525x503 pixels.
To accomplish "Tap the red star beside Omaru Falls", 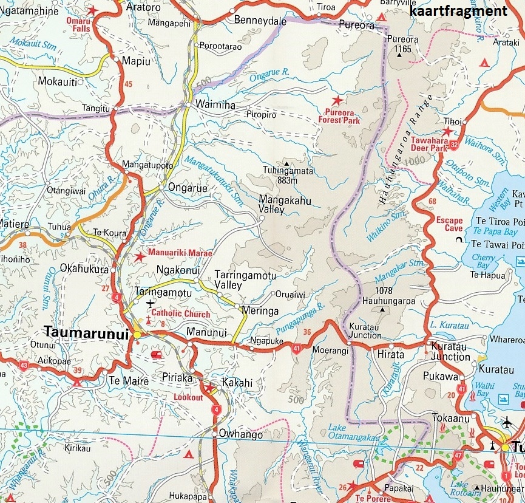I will [92, 10].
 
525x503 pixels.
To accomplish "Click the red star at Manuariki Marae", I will [140, 257].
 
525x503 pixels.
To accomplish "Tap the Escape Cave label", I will [449, 225].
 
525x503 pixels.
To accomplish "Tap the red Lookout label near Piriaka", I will [188, 397].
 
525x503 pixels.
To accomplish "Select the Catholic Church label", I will [180, 314].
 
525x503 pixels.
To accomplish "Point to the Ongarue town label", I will [188, 188].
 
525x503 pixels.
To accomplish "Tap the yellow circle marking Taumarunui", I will [137, 334].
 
